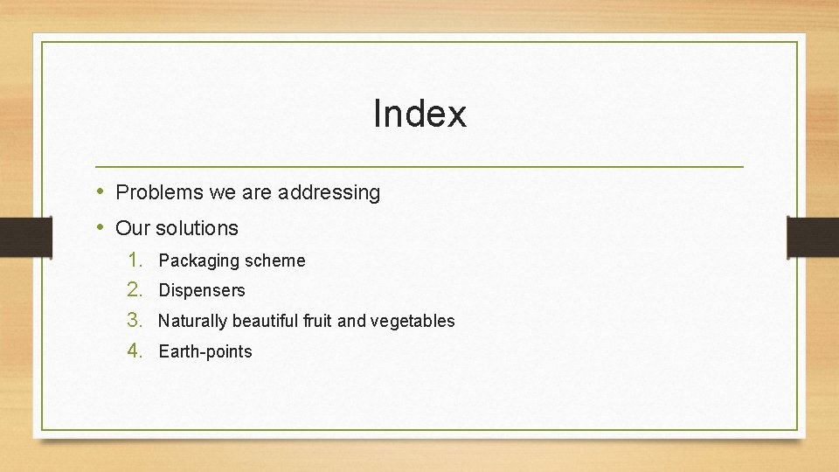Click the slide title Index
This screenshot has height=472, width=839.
coord(419,114)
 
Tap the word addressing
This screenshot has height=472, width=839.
coord(329,193)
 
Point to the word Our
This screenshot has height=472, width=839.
coord(133,228)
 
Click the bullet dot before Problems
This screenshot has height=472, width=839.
coord(101,191)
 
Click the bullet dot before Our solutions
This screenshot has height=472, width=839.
coord(101,227)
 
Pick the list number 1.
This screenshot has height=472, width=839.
coord(135,260)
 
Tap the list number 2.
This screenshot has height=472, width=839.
coord(135,289)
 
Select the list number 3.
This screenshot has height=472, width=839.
coord(135,320)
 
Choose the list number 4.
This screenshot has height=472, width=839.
coord(135,351)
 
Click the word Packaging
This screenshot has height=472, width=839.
coord(198,260)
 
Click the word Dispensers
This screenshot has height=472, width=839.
coord(202,290)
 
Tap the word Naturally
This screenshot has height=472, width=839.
coord(191,321)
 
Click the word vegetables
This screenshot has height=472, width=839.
coord(413,322)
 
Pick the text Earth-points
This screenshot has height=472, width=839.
coord(205,351)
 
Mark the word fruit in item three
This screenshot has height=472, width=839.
coord(318,321)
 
